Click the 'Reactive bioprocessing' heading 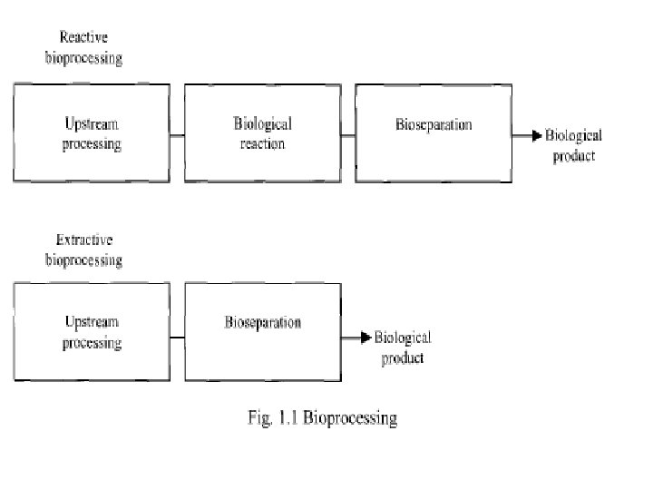84,48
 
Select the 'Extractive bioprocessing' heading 84,250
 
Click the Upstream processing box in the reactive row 92,132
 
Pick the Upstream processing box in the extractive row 92,331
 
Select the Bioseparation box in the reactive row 433,132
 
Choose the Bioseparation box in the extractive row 263,331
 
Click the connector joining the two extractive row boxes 178,338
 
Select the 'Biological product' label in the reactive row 572,145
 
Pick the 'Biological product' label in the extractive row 402,347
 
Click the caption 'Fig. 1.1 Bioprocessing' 323,418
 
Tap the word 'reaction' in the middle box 263,143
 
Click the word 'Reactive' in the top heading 84,37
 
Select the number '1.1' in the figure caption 285,418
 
